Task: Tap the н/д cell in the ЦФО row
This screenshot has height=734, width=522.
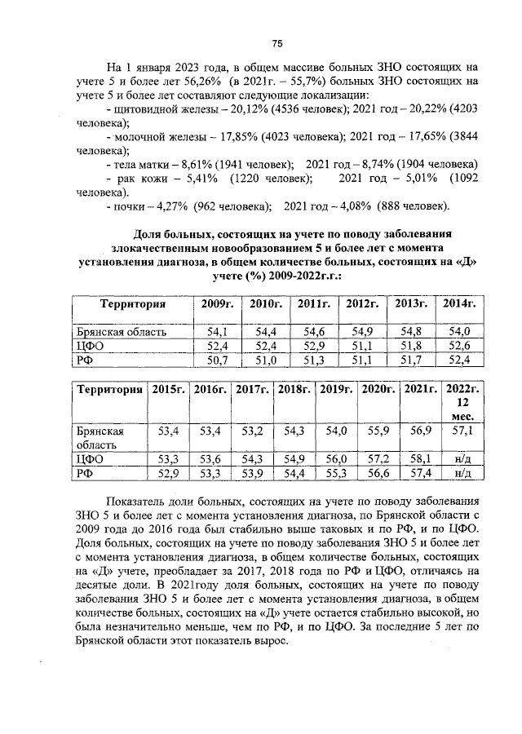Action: [463, 458]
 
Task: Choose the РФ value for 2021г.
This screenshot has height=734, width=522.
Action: [421, 472]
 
